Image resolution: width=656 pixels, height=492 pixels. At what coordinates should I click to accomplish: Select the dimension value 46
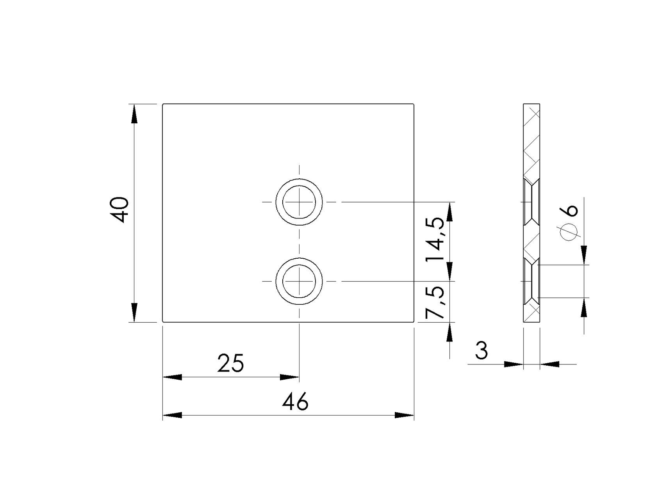point(296,402)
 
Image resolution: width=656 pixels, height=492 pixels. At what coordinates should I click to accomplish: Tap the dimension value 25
point(231,364)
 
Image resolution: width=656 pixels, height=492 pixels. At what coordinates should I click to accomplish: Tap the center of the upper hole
point(299,202)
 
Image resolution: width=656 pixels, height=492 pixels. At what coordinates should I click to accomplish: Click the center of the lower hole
point(299,281)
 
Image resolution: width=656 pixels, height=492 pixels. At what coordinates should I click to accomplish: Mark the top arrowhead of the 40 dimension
point(134,114)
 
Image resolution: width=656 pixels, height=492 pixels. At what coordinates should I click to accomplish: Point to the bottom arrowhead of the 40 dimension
point(134,313)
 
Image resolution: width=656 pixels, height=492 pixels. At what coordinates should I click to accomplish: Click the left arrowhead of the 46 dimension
point(172,415)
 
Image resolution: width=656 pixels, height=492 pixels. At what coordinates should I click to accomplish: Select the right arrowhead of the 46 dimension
point(404,415)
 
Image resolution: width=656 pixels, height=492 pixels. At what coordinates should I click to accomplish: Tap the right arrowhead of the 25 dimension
point(290,377)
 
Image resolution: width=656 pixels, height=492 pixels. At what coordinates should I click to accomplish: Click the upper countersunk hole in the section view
point(531,202)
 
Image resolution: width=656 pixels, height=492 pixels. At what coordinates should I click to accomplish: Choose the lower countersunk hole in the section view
point(531,281)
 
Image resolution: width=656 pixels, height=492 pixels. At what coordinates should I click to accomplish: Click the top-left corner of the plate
point(163,104)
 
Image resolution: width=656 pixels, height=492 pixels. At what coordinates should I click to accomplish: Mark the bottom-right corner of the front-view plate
point(414,322)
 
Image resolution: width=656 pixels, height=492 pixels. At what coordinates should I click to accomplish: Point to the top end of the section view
point(531,105)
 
